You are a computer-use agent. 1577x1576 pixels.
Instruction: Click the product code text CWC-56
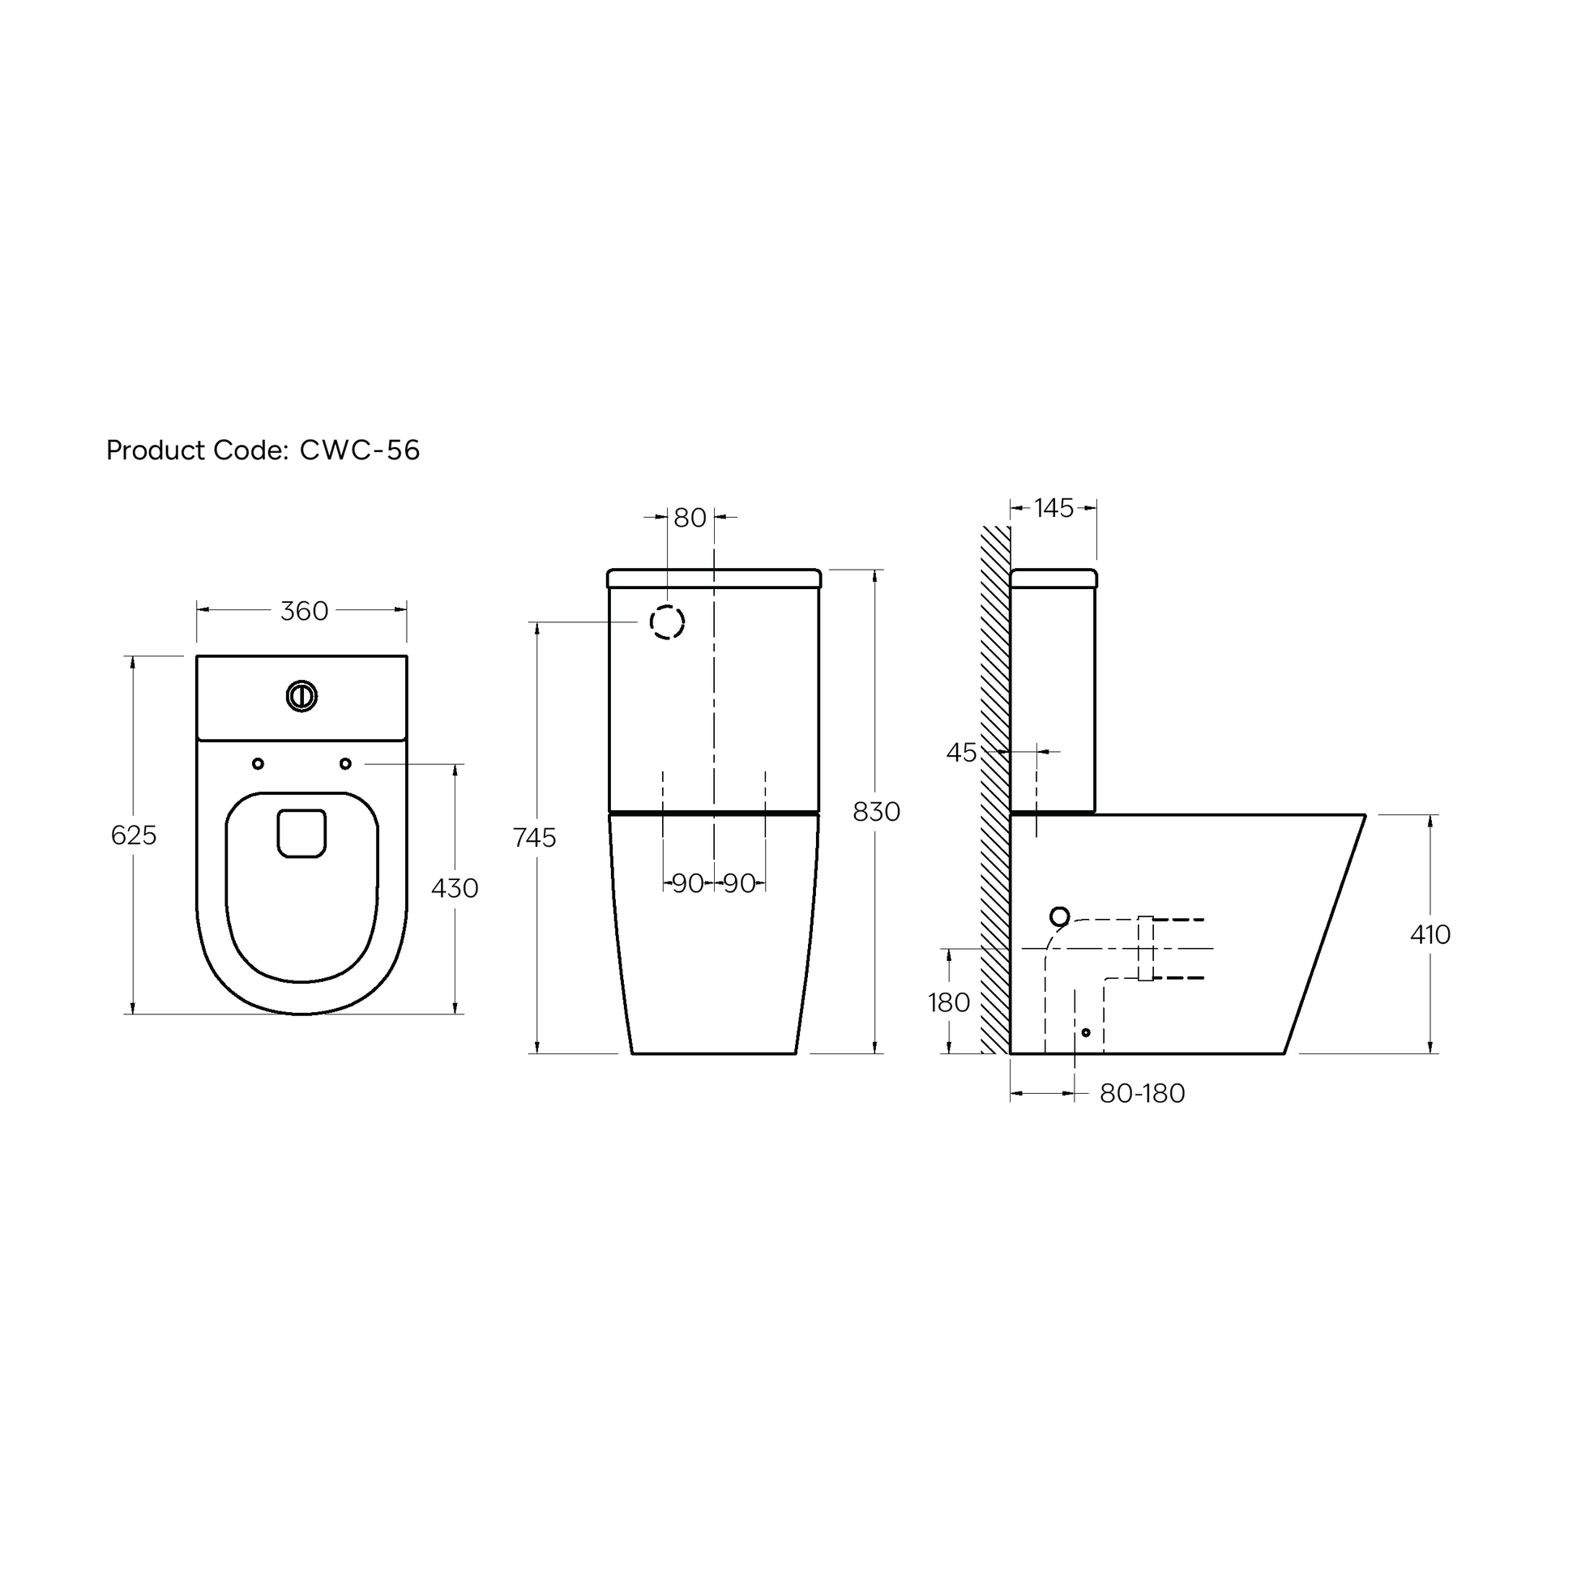(359, 451)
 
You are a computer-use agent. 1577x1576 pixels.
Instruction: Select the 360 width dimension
(304, 611)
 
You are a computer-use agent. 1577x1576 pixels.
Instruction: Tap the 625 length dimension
(133, 835)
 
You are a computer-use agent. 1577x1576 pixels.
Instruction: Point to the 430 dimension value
(455, 888)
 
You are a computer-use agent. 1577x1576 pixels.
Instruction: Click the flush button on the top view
(301, 696)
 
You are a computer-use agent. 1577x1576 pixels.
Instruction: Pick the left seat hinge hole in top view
(258, 764)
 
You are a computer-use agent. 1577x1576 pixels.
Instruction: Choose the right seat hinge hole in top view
(345, 764)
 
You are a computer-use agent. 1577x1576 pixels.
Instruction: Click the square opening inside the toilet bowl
(301, 833)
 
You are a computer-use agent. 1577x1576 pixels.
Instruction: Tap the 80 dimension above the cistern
(690, 518)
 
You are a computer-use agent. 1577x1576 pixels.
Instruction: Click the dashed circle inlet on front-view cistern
(667, 622)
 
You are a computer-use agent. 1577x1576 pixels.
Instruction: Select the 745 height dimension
(535, 837)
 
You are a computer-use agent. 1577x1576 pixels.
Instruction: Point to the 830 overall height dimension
(876, 812)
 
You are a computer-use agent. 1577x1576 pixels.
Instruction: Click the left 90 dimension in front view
(687, 883)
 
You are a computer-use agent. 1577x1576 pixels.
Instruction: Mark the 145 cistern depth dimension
(1053, 509)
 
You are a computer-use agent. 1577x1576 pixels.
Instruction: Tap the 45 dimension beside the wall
(961, 753)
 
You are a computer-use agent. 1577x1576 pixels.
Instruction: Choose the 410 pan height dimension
(1430, 934)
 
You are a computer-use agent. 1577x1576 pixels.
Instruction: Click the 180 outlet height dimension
(948, 1002)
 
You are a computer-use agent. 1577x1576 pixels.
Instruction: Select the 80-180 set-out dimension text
(1142, 1094)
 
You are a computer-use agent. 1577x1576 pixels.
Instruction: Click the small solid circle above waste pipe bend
(1059, 916)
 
